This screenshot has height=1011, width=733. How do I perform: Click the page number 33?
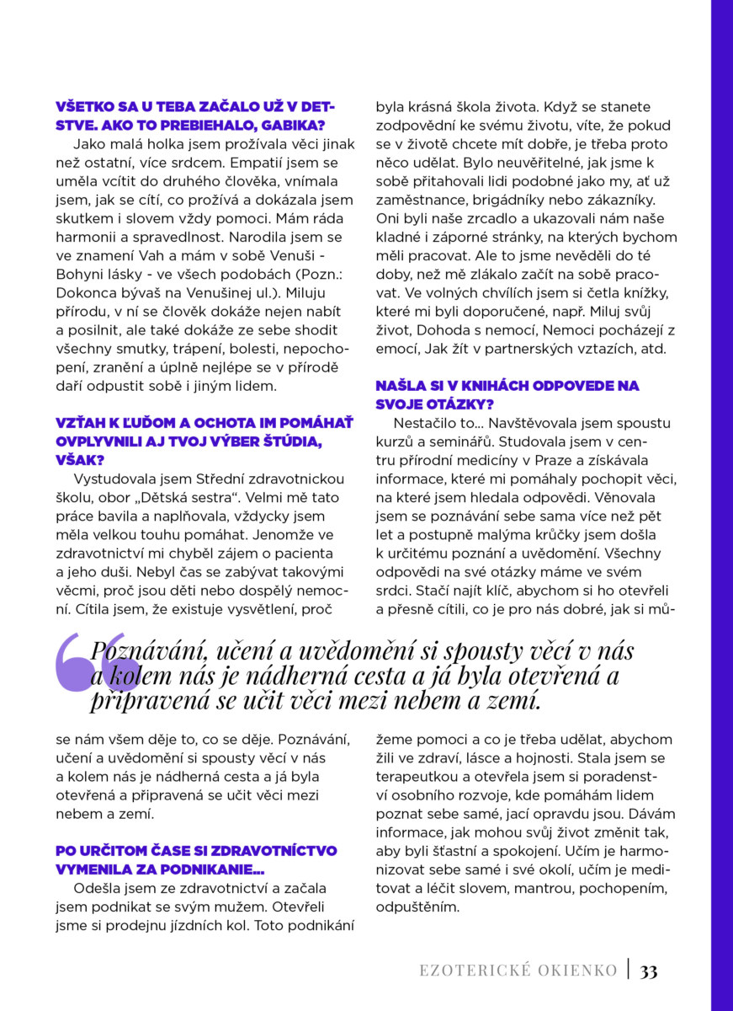pyautogui.click(x=649, y=971)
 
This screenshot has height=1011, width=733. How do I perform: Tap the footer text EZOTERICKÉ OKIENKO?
pyautogui.click(x=518, y=971)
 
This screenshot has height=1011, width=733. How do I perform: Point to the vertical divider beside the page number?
pyautogui.click(x=628, y=970)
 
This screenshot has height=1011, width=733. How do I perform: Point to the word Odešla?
pyautogui.click(x=93, y=888)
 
